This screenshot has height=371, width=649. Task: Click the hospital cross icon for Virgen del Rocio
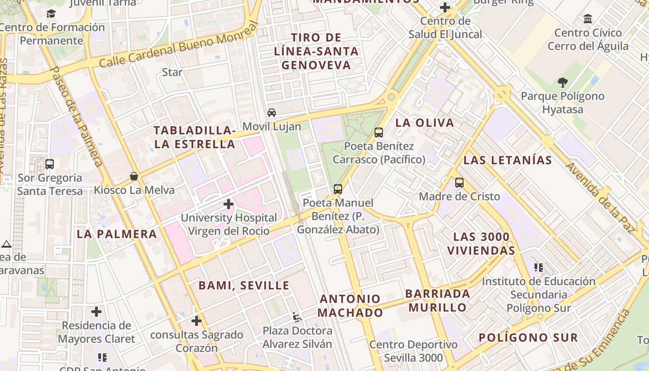coord(228,204)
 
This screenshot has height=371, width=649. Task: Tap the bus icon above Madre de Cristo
coord(459,183)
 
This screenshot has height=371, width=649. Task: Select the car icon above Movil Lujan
coord(272,113)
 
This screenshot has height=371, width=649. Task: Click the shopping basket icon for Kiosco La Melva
coord(134,176)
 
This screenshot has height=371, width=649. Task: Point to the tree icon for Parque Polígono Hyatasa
coord(563,83)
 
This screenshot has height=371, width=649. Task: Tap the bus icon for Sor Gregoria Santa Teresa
coord(50,164)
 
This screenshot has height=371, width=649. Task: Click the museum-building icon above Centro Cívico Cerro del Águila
coord(588,19)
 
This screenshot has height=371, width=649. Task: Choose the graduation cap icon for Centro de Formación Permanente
coord(51,14)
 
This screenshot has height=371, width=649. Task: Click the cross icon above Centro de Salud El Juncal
coord(445,7)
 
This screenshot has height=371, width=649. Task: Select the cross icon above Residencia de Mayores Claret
coord(96,312)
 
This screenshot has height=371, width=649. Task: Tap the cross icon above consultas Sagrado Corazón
coord(197,321)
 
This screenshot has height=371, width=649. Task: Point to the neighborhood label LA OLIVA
coord(425,123)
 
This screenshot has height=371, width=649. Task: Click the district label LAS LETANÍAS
coord(508,160)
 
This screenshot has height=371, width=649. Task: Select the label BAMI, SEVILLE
coord(244,285)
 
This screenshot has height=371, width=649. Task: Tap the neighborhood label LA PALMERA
coord(117,234)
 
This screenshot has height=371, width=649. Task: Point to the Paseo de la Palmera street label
coord(77,116)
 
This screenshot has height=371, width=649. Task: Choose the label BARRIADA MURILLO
coord(438,301)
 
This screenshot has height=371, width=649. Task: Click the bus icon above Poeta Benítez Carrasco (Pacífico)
coord(379,133)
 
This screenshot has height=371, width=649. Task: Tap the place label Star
coord(172,72)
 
